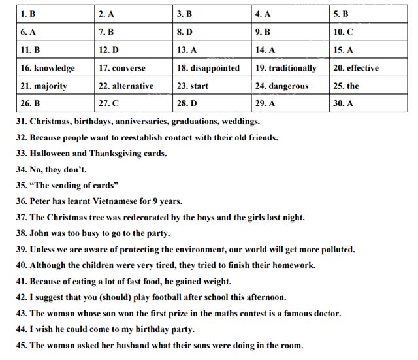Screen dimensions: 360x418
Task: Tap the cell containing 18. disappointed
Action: pos(208,68)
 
